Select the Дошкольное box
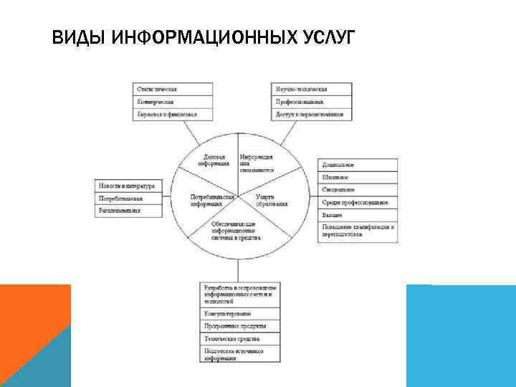coord(358,166)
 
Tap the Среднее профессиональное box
coord(358,203)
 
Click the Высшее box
coord(358,215)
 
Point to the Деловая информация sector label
coord(215,159)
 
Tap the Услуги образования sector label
coord(271,200)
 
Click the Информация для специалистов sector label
coord(256,163)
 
